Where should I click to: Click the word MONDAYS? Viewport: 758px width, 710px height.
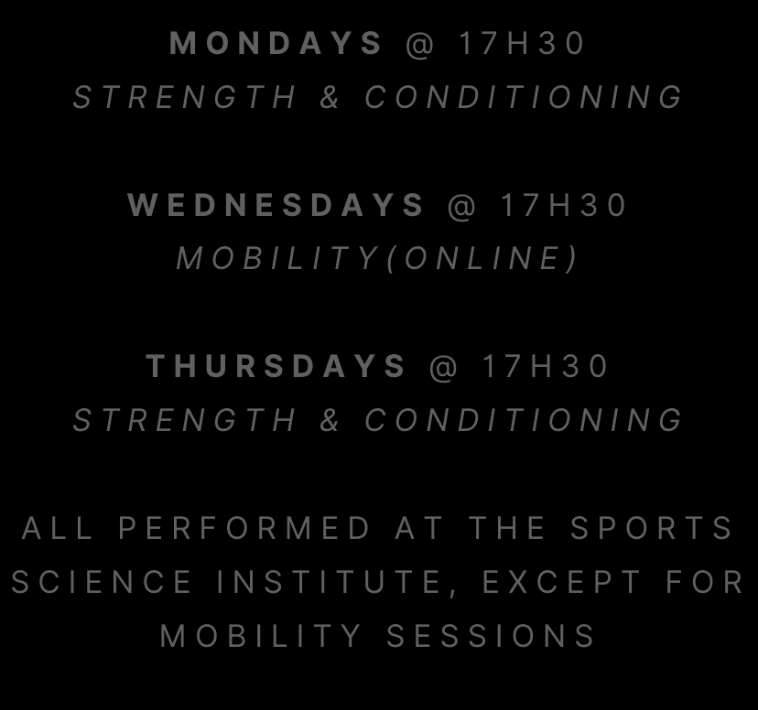(x=276, y=43)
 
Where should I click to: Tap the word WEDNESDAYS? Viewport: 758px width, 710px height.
(x=276, y=204)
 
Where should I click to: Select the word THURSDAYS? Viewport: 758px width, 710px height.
(x=276, y=366)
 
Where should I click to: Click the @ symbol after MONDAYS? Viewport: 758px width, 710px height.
(x=419, y=44)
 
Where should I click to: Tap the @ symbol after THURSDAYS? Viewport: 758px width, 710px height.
(x=443, y=367)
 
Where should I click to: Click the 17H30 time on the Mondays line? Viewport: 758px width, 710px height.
(x=522, y=43)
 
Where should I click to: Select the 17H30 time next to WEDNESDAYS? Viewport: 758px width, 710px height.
(x=563, y=204)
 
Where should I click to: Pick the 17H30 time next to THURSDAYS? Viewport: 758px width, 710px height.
(x=545, y=366)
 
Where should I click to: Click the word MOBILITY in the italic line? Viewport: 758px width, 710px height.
(x=277, y=258)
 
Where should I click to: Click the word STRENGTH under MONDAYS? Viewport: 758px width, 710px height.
(x=184, y=97)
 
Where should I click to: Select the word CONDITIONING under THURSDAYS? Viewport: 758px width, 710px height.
(x=523, y=419)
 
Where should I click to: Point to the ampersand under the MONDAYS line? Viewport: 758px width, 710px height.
(x=330, y=97)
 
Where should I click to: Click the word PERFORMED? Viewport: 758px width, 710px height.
(x=244, y=527)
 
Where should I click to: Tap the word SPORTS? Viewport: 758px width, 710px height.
(x=652, y=527)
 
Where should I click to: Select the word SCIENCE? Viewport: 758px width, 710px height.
(x=102, y=581)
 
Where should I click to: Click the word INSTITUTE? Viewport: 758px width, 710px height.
(x=329, y=581)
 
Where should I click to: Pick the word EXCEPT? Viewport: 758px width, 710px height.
(x=561, y=581)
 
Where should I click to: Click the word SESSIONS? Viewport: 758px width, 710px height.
(x=491, y=635)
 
